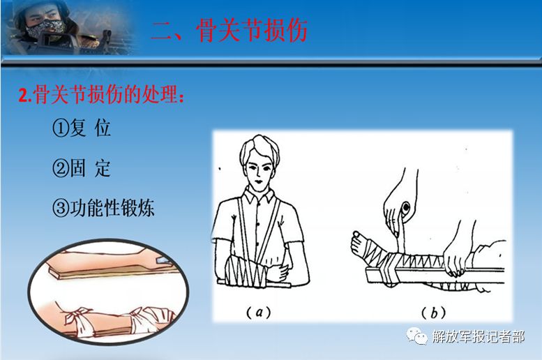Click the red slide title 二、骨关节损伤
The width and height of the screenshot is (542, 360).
(229, 31)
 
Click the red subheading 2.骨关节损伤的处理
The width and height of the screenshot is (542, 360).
(101, 94)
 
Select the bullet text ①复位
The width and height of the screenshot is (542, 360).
(82, 128)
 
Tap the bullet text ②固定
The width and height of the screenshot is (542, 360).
(82, 168)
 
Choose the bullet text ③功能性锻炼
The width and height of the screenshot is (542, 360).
(103, 208)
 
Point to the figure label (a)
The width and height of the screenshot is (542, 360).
(259, 313)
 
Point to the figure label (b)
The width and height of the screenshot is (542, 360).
(433, 313)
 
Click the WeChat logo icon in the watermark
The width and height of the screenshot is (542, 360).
(417, 336)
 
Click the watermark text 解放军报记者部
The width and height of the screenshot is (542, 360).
(478, 336)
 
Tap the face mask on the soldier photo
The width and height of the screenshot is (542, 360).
(45, 29)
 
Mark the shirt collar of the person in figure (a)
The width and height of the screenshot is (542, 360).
(259, 196)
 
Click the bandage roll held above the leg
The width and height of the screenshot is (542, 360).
(406, 209)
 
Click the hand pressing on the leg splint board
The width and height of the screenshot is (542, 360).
(456, 257)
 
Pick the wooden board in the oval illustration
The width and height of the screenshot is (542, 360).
(111, 271)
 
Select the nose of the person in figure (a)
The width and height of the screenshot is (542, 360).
(257, 177)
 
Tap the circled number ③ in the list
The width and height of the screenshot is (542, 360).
(61, 208)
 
